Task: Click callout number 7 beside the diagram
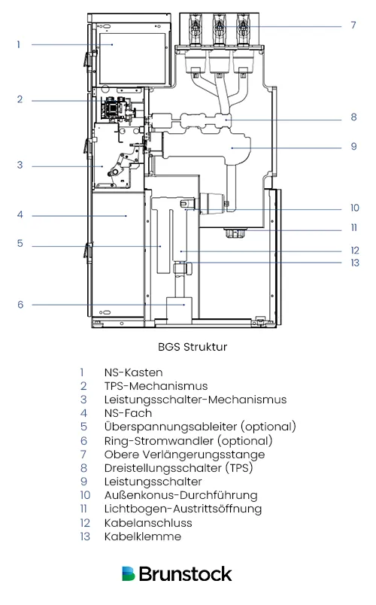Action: tap(353, 25)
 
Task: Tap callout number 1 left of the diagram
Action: tap(19, 44)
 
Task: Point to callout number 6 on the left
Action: tap(20, 305)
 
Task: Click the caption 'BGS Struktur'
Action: tap(187, 347)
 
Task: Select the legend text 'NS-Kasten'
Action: tap(133, 372)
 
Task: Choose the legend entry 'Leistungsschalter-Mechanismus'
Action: tap(185, 399)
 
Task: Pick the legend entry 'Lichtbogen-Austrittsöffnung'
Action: tap(183, 509)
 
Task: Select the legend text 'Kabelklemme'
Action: tap(142, 537)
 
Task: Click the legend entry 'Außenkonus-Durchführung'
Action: tap(180, 495)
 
